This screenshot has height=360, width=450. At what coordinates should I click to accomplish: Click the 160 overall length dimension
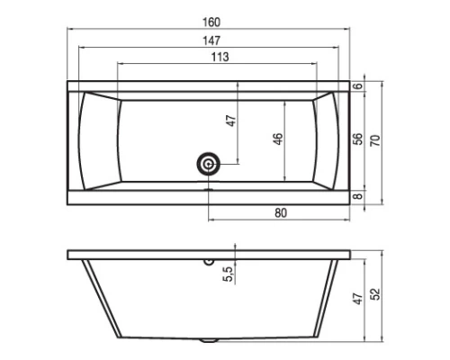click(211, 22)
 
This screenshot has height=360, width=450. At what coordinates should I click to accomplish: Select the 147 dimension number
click(211, 40)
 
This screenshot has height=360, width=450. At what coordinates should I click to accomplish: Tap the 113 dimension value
click(220, 57)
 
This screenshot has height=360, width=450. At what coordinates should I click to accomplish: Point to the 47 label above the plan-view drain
click(231, 121)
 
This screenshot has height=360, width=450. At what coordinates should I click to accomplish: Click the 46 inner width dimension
click(278, 139)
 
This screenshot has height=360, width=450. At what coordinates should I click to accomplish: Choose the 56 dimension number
click(357, 139)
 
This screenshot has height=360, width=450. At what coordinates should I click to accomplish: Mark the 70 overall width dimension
click(375, 140)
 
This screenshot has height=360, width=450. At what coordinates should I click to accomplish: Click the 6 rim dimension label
click(357, 86)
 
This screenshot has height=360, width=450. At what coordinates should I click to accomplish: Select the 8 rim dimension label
click(357, 196)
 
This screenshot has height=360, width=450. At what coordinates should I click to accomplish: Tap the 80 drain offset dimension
click(281, 212)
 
